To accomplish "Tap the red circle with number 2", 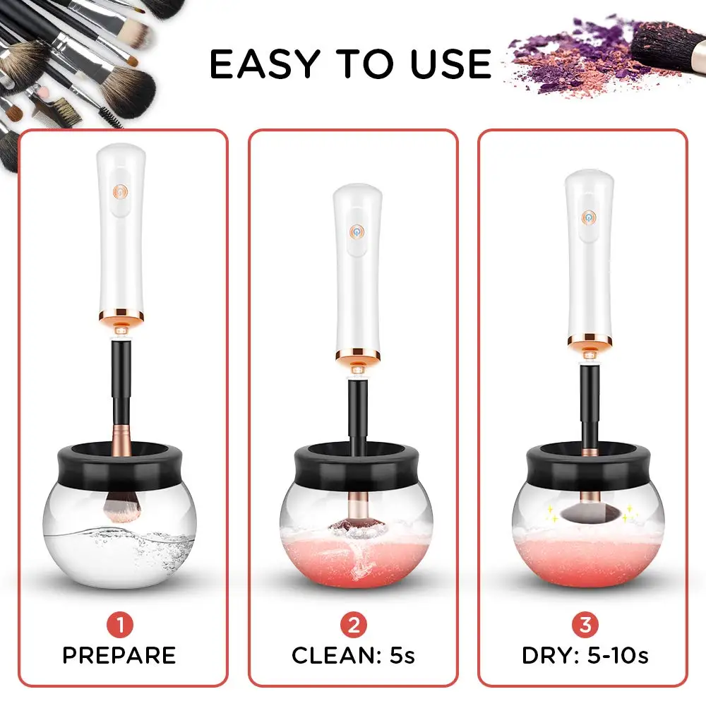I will tap(353, 625).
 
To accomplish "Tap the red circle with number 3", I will tap(584, 625).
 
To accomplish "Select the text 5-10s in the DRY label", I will tap(614, 655).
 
